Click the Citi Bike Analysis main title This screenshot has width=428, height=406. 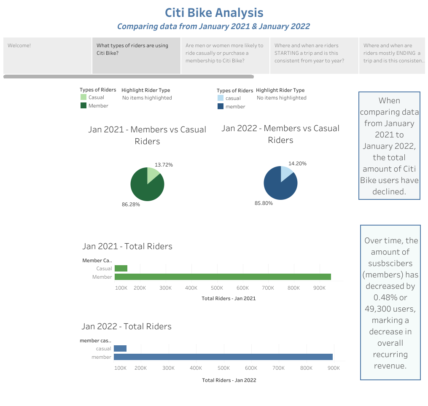(x=214, y=13)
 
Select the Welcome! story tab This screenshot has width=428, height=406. (x=19, y=46)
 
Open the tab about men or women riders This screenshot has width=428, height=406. (x=225, y=53)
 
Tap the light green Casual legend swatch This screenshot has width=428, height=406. (x=83, y=97)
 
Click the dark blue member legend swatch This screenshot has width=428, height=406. (x=221, y=107)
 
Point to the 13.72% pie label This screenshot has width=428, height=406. (x=164, y=165)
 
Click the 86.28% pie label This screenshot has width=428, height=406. (x=131, y=204)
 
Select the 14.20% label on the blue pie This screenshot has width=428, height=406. (x=297, y=164)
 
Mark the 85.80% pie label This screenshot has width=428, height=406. (x=264, y=203)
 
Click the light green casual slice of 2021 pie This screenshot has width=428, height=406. (x=152, y=173)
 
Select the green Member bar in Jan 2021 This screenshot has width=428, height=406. (x=223, y=277)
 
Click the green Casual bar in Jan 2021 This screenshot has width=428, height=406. (x=121, y=269)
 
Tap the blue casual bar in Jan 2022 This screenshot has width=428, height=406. (x=120, y=349)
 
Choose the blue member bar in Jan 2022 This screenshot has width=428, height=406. (x=223, y=357)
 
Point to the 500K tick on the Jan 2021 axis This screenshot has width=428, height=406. (x=217, y=288)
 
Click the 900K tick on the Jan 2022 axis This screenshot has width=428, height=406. (x=334, y=368)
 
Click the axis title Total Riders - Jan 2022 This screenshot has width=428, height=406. (x=229, y=380)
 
